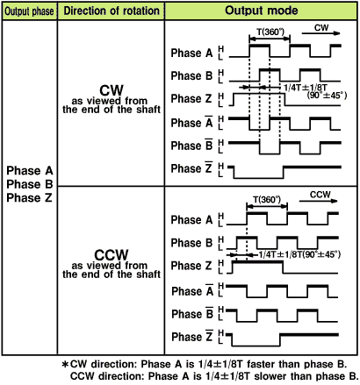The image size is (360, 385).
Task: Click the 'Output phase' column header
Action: [x=29, y=11]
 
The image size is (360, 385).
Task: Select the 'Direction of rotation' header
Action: [x=112, y=11]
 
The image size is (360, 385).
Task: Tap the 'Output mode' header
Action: [x=262, y=11]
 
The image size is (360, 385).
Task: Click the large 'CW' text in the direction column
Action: [x=112, y=90]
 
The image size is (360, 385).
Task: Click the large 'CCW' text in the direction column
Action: [x=112, y=255]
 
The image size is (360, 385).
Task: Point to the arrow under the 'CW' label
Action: [x=321, y=33]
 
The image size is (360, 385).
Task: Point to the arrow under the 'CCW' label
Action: [x=319, y=201]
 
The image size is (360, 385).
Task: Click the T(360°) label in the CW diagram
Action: [x=270, y=32]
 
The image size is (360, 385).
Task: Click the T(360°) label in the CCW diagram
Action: [x=267, y=199]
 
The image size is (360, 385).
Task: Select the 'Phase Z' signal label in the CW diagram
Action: [x=191, y=98]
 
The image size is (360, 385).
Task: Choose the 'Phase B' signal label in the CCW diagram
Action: [x=191, y=243]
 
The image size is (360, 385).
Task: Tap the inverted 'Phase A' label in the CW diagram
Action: [x=191, y=123]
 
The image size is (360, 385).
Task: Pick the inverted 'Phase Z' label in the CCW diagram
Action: [x=192, y=337]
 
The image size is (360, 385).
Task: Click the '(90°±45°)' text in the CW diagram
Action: [x=327, y=96]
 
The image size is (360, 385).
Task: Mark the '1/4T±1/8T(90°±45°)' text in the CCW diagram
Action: [x=299, y=254]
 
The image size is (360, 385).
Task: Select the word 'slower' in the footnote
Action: [x=270, y=376]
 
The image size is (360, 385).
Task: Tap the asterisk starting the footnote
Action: [x=65, y=364]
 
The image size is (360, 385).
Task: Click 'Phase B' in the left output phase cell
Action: [x=30, y=184]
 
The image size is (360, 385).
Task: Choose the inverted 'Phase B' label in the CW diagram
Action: [x=191, y=145]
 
